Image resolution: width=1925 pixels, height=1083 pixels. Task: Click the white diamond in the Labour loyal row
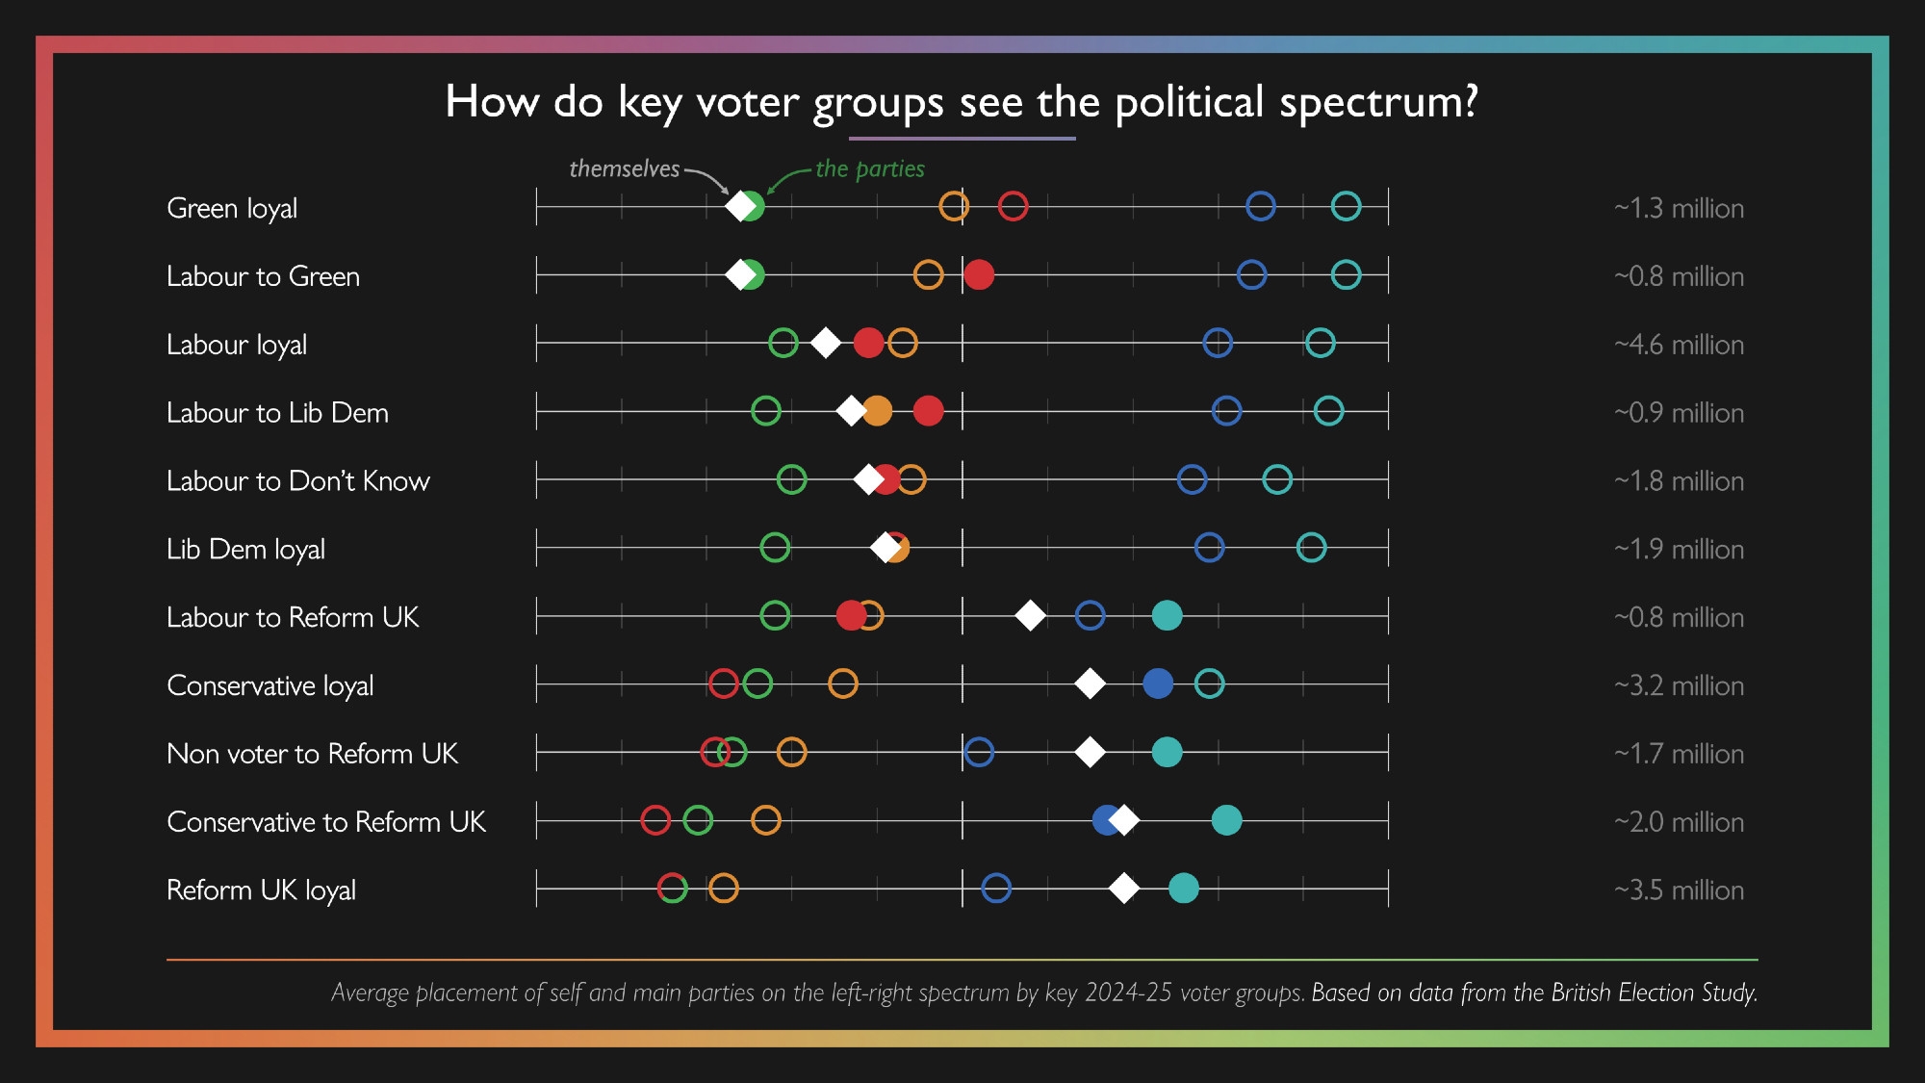(825, 343)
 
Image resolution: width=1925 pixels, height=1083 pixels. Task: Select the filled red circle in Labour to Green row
(979, 274)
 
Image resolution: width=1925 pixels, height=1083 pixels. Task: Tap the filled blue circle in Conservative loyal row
(1158, 683)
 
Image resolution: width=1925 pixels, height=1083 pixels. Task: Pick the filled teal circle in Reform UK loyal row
(1184, 888)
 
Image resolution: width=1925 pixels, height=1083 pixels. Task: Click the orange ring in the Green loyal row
(953, 206)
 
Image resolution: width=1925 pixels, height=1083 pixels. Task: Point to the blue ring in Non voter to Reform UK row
(979, 752)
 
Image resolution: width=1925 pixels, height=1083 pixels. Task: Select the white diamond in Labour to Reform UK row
(1030, 615)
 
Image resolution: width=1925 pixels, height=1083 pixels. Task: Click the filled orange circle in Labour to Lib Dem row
(878, 411)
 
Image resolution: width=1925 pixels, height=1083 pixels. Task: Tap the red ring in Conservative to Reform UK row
(655, 820)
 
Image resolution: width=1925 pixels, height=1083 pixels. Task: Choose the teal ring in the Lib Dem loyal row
(1311, 548)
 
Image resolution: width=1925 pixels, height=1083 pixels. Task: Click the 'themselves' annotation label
(624, 168)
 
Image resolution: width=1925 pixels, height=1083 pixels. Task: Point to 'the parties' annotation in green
(869, 168)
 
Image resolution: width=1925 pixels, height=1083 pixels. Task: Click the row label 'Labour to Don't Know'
(297, 480)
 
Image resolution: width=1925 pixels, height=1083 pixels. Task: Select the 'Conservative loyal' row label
(269, 685)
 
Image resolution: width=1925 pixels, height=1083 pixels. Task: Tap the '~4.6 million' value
(1679, 345)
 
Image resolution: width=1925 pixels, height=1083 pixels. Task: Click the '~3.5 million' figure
(1679, 890)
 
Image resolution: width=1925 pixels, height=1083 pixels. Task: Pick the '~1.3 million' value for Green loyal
(1679, 208)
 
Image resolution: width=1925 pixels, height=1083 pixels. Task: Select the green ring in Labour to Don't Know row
(791, 479)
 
